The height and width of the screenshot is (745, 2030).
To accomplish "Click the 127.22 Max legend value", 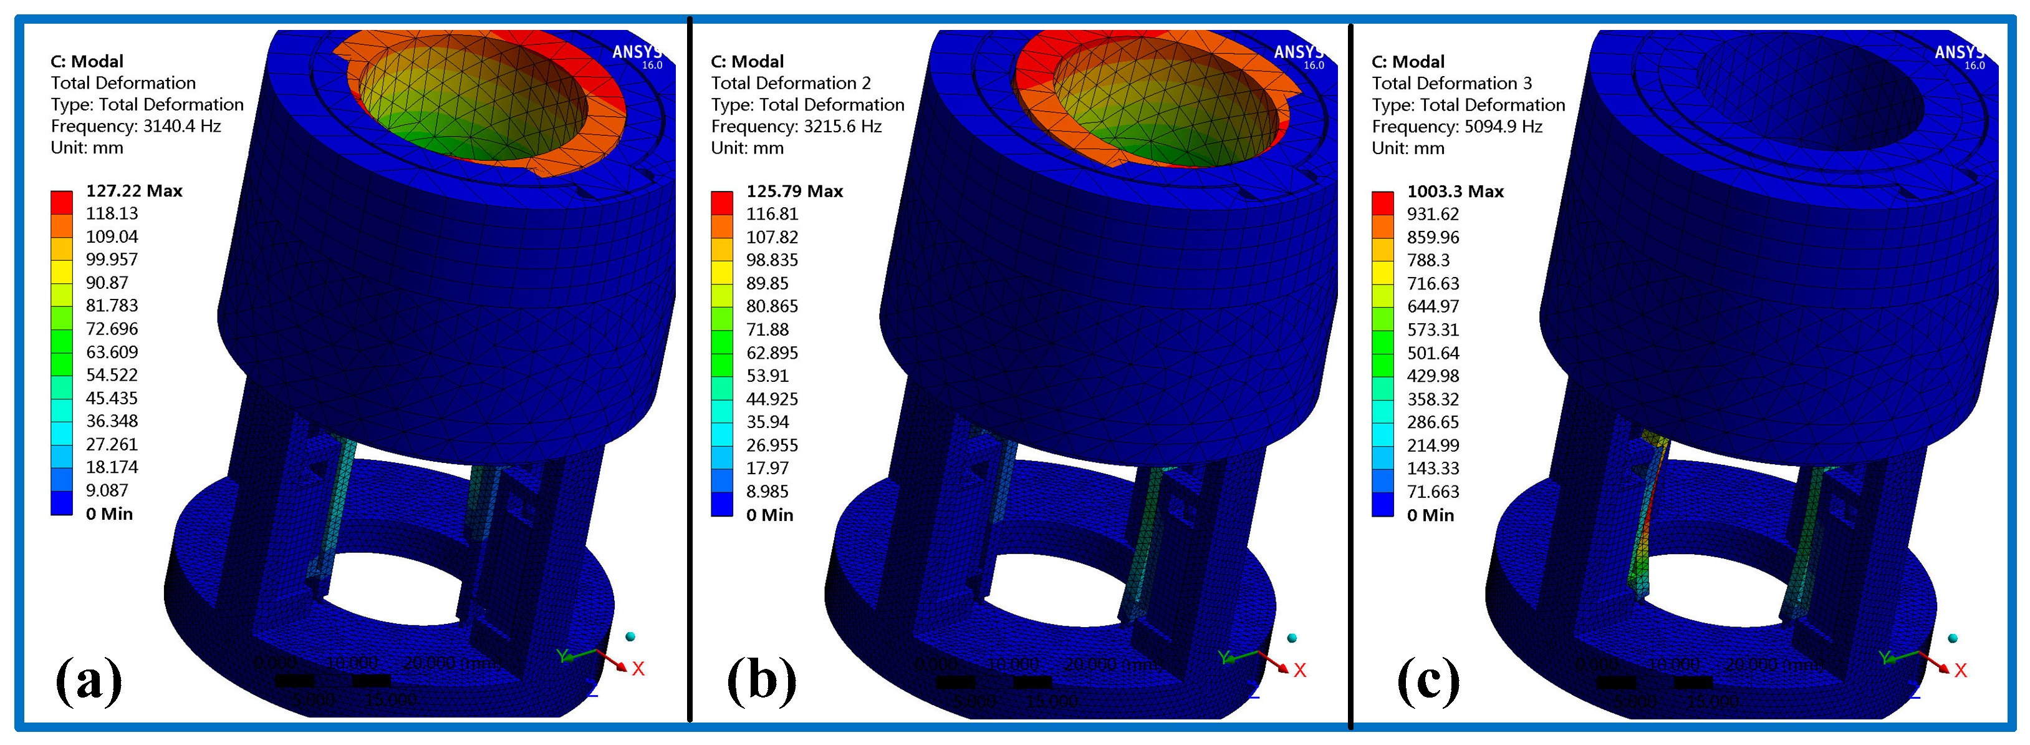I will pyautogui.click(x=133, y=191).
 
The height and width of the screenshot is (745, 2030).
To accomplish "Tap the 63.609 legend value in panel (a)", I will pyautogui.click(x=111, y=352).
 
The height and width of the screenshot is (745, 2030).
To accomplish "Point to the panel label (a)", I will pyautogui.click(x=89, y=679).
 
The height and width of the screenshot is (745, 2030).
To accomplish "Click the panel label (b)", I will pyautogui.click(x=761, y=679).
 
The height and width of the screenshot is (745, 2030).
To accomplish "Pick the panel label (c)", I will pyautogui.click(x=1427, y=679).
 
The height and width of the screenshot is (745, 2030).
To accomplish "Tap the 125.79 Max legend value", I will pyautogui.click(x=794, y=192).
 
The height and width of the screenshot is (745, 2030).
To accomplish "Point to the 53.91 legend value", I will pyautogui.click(x=767, y=376).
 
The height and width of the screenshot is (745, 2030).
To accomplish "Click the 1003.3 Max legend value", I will pyautogui.click(x=1455, y=192).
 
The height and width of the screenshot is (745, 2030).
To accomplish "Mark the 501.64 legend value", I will pyautogui.click(x=1433, y=353).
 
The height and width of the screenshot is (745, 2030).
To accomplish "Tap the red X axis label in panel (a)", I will pyautogui.click(x=638, y=668).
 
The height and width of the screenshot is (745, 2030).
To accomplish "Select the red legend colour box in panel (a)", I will pyautogui.click(x=62, y=202).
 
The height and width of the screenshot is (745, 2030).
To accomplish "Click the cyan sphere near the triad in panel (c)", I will pyautogui.click(x=1952, y=638).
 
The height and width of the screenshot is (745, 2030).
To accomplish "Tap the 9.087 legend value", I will pyautogui.click(x=107, y=490).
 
